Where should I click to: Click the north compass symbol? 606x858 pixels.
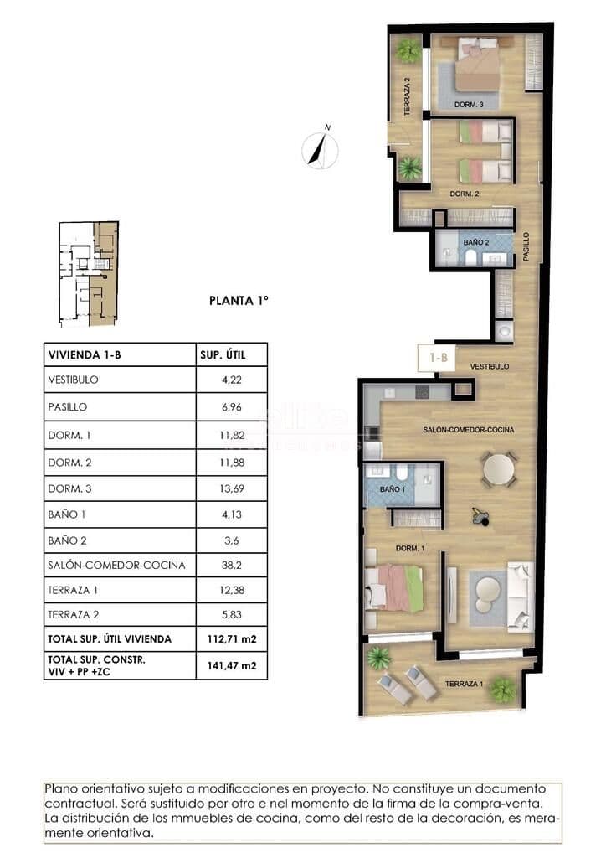321,148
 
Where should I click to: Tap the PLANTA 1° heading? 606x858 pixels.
239,301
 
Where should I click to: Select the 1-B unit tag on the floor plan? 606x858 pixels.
439,358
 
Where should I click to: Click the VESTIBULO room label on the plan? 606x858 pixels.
490,367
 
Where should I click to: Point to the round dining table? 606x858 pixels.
498,469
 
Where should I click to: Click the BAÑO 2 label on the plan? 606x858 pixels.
476,242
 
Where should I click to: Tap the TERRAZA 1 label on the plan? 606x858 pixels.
464,684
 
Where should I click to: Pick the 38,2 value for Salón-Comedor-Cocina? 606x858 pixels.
232,565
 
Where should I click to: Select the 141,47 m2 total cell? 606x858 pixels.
232,666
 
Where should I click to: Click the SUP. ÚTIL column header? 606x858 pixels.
223,355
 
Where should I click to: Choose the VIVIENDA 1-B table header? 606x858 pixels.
85,355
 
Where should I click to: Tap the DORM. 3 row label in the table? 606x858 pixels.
69,488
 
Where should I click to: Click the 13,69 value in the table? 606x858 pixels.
232,488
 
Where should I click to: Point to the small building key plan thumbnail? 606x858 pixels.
89,274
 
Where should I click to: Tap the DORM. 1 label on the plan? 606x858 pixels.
410,548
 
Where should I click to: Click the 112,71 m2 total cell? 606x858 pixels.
232,638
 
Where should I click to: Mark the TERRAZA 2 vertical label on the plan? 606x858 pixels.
407,96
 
